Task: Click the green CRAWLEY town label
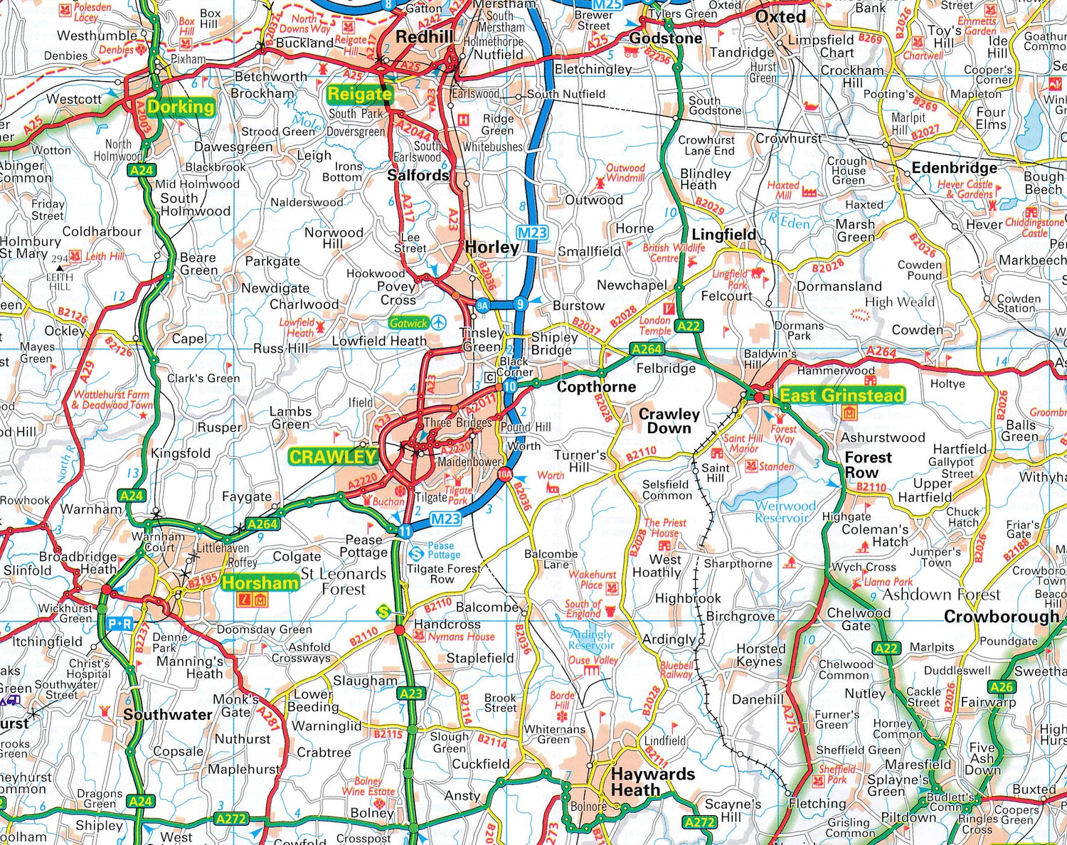[x=332, y=457]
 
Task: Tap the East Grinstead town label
[x=842, y=395]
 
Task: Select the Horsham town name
[x=260, y=583]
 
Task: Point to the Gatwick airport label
[x=409, y=323]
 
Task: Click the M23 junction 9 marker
[x=520, y=304]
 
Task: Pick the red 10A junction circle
[x=504, y=474]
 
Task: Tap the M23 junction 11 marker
[x=405, y=531]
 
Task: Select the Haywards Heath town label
[x=652, y=782]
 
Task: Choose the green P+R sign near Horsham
[x=120, y=624]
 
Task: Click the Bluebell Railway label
[x=676, y=670]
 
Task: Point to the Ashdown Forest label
[x=941, y=595]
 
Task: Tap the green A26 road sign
[x=1002, y=686]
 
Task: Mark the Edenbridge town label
[x=954, y=168]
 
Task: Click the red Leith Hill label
[x=105, y=256]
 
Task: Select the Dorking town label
[x=181, y=107]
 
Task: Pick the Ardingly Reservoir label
[x=591, y=639]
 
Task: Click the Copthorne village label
[x=596, y=387]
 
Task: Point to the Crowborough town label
[x=1001, y=617]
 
